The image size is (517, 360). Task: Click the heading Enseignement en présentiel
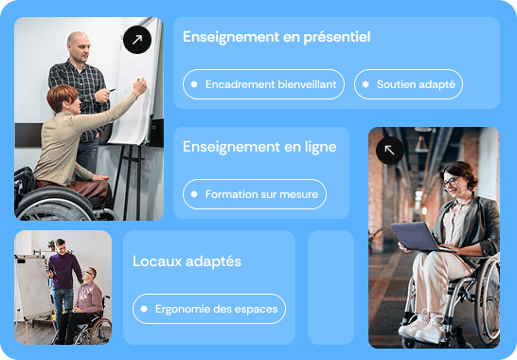point(276,38)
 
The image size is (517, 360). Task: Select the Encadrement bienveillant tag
point(264,84)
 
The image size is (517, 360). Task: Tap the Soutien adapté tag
point(408,84)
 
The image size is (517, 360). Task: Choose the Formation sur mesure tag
point(255,194)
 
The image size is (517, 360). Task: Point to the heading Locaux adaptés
point(187,261)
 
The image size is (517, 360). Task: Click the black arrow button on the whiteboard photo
point(137,40)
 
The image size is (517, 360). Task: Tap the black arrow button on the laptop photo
point(390,150)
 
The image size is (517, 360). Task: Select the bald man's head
point(79,44)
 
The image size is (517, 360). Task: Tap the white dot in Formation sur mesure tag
point(195,194)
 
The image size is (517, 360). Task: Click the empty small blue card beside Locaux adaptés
point(330,287)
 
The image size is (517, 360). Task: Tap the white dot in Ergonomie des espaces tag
point(145,309)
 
